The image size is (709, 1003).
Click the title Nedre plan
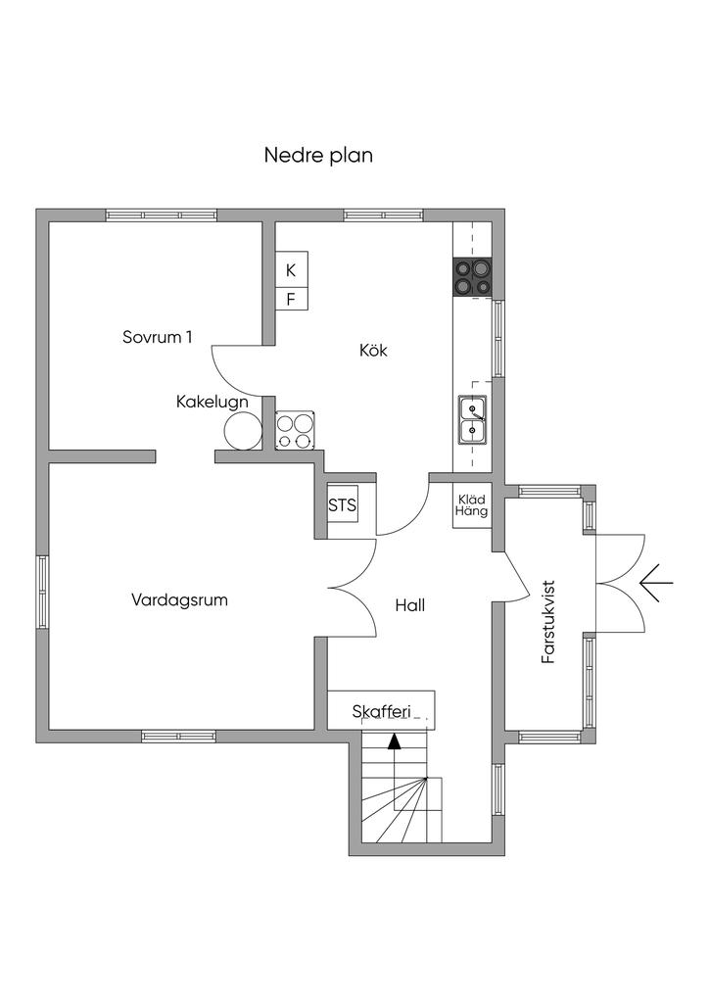318,155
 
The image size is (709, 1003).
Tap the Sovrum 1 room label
157,337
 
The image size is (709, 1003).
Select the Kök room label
373,350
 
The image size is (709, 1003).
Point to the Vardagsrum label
179,599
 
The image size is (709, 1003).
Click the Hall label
410,605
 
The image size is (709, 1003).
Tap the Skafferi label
381,712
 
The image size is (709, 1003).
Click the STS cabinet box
342,506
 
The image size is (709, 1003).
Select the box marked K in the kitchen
291,269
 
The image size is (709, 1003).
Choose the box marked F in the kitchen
291,299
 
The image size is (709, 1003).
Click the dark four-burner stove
471,276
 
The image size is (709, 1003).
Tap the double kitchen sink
472,418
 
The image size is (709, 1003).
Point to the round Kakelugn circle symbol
244,429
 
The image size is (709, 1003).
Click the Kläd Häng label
472,504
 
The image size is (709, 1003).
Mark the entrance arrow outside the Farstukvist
656,585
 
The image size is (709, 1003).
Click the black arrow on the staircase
394,741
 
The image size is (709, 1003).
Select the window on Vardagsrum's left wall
43,592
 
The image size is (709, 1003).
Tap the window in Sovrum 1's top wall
162,215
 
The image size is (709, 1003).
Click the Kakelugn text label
212,402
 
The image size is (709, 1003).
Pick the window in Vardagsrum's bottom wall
178,736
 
